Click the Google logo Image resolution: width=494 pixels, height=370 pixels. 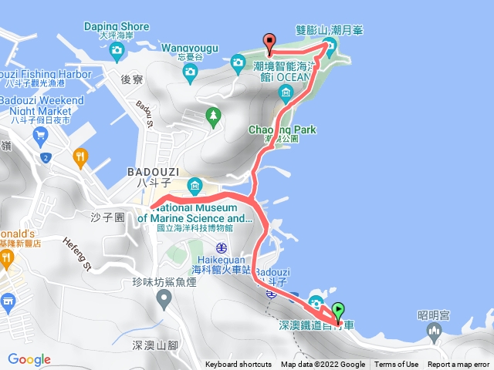pos(29,359)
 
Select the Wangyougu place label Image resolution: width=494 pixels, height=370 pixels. pos(190,47)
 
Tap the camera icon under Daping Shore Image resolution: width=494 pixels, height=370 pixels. pos(117,52)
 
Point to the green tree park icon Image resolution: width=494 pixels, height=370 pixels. pos(213,116)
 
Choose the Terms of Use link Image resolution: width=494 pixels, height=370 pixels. pos(397,365)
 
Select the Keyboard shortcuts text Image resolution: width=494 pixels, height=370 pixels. pos(239,365)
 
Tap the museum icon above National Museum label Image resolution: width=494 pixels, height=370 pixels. pos(195,185)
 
